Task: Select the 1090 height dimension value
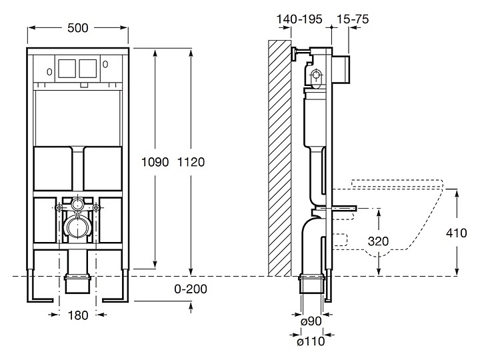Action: [x=155, y=161]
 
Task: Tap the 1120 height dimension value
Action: [x=191, y=161]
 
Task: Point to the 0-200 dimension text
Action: [x=191, y=289]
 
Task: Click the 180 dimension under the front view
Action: [x=79, y=315]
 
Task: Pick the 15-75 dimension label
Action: [x=353, y=20]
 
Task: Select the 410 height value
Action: [x=457, y=234]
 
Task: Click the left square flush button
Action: [x=67, y=67]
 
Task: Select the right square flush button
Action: [x=88, y=67]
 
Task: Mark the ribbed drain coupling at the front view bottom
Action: [x=79, y=283]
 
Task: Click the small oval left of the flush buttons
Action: [x=51, y=68]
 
